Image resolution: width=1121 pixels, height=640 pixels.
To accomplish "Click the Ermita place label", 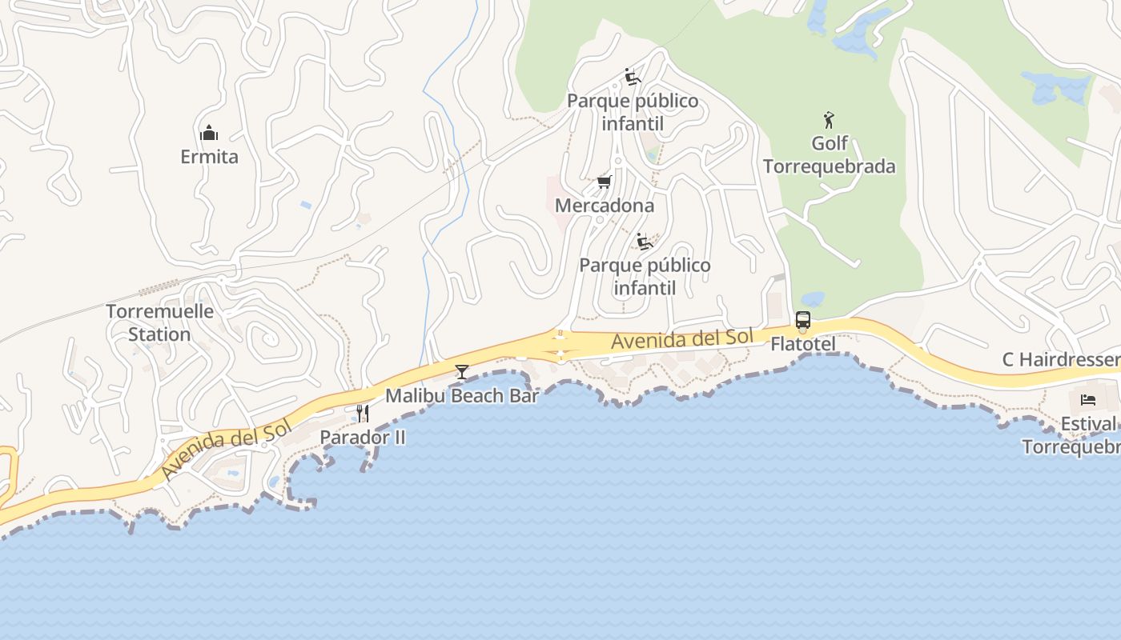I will (209, 157).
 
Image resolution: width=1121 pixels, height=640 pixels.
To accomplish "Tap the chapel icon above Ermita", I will (209, 132).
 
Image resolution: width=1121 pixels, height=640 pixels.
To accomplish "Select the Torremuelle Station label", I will (159, 322).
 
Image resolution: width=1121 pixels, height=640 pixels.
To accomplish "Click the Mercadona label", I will (605, 206).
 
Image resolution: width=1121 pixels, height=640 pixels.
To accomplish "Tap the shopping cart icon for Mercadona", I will (605, 182).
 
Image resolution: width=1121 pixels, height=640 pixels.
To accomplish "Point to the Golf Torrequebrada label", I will (829, 155).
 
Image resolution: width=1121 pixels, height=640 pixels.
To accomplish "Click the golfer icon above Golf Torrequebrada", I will (829, 121).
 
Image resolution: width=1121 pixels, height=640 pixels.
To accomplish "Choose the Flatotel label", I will (803, 345).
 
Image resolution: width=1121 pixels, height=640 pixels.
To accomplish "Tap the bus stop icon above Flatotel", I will (803, 320).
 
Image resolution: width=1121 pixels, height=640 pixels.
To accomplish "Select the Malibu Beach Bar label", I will (462, 395).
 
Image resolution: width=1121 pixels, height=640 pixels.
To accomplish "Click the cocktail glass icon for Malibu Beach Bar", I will (462, 371).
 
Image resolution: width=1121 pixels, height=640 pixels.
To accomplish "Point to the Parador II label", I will (363, 438).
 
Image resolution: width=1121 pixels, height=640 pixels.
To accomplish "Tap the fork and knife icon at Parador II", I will (363, 413).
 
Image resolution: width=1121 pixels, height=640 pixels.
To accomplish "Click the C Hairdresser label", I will (1061, 360).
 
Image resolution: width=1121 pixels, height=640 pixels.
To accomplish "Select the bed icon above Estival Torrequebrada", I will (1087, 399).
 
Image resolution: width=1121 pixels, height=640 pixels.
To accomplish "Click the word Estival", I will (1088, 424).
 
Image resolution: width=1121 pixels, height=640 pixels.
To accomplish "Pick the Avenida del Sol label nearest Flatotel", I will (682, 339).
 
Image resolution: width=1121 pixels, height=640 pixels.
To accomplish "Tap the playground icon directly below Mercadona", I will (645, 241).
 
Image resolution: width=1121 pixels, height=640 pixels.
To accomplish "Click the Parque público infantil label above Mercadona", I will (633, 112).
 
